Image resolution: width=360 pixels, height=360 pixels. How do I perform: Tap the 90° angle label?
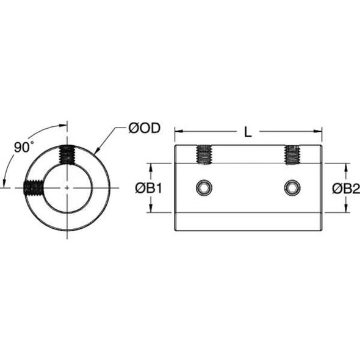tap(23, 146)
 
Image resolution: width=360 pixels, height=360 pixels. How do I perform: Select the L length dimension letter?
tap(247, 131)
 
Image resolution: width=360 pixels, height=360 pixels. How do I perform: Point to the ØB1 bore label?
tap(148, 188)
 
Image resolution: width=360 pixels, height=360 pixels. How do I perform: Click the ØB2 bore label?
tap(346, 188)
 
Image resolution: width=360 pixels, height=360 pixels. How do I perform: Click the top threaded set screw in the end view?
tap(66, 155)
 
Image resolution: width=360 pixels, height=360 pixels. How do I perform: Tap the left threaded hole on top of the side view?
tap(203, 155)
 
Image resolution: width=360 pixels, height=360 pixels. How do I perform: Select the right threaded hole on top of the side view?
tap(293, 155)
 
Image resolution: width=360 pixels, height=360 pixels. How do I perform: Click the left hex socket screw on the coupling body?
tap(203, 187)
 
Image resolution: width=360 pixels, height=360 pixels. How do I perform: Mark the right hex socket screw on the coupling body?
tap(293, 187)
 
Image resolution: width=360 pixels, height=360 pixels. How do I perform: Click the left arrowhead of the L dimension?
tap(178, 131)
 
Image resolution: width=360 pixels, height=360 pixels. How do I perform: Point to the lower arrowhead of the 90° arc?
tap(5, 182)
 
